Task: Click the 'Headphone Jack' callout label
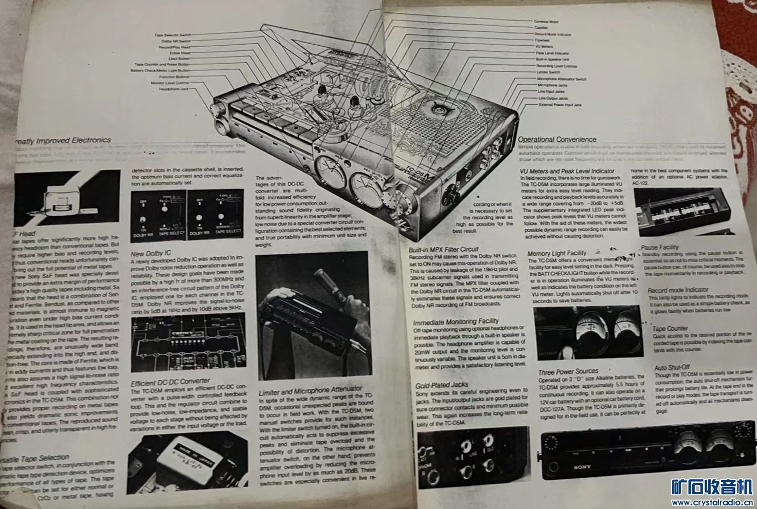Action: tap(174, 89)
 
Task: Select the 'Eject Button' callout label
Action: tap(179, 59)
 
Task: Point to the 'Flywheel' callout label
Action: tap(542, 40)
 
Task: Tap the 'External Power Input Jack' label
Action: tap(560, 105)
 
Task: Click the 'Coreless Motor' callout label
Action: tap(546, 22)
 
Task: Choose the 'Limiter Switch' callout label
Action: tap(548, 72)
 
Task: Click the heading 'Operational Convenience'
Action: tap(557, 139)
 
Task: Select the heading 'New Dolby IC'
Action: tap(151, 253)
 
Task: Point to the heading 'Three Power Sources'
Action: tap(568, 371)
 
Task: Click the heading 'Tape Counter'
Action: tap(670, 328)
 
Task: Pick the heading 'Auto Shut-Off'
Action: tap(672, 368)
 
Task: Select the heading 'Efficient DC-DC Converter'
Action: tap(170, 383)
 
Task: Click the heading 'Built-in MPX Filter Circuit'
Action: tap(444, 250)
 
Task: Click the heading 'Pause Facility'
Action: tap(660, 247)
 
